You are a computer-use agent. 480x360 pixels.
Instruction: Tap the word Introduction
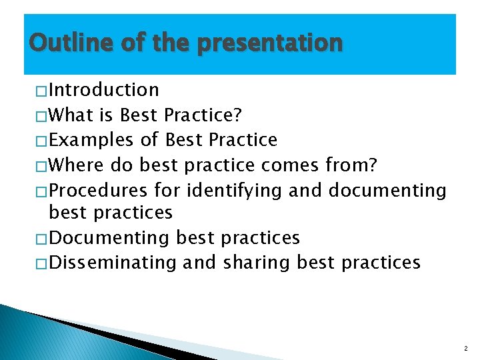tap(104, 90)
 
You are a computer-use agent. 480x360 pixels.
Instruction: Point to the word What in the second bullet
tap(71, 115)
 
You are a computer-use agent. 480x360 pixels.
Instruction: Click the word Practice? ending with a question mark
tap(203, 115)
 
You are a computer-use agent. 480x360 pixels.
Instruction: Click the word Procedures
tap(98, 191)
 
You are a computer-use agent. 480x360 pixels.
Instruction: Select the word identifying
tap(235, 191)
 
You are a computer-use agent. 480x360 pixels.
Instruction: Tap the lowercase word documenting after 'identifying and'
tap(387, 191)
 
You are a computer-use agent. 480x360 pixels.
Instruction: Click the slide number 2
tap(465, 348)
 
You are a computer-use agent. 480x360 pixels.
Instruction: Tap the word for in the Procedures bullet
tap(167, 191)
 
